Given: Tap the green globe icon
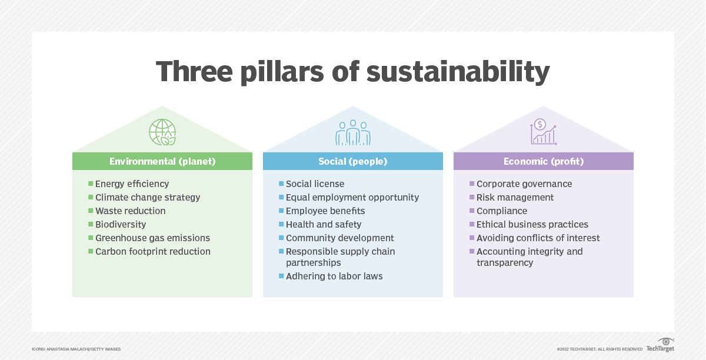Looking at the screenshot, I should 162,132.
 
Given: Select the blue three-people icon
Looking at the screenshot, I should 353,132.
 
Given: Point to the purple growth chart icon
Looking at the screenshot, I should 543,132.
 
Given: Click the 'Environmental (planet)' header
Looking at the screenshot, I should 162,161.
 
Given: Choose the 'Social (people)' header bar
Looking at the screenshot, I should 353,161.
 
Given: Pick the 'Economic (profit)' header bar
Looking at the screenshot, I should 543,161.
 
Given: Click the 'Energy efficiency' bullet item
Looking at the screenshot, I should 132,184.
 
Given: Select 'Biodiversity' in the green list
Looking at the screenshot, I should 121,225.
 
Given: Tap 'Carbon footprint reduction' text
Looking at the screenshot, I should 152,252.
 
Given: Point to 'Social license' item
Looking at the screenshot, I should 315,184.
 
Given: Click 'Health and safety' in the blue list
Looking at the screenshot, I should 324,225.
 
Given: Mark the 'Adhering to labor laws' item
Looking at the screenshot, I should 334,276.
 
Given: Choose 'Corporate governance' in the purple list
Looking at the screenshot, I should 524,184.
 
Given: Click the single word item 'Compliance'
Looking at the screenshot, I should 502,211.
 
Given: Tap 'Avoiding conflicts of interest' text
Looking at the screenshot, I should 538,238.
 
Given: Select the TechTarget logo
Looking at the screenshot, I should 660,346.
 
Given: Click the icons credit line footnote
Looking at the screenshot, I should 76,349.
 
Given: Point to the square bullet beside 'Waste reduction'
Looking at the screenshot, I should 91,211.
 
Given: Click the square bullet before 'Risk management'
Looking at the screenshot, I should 472,197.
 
